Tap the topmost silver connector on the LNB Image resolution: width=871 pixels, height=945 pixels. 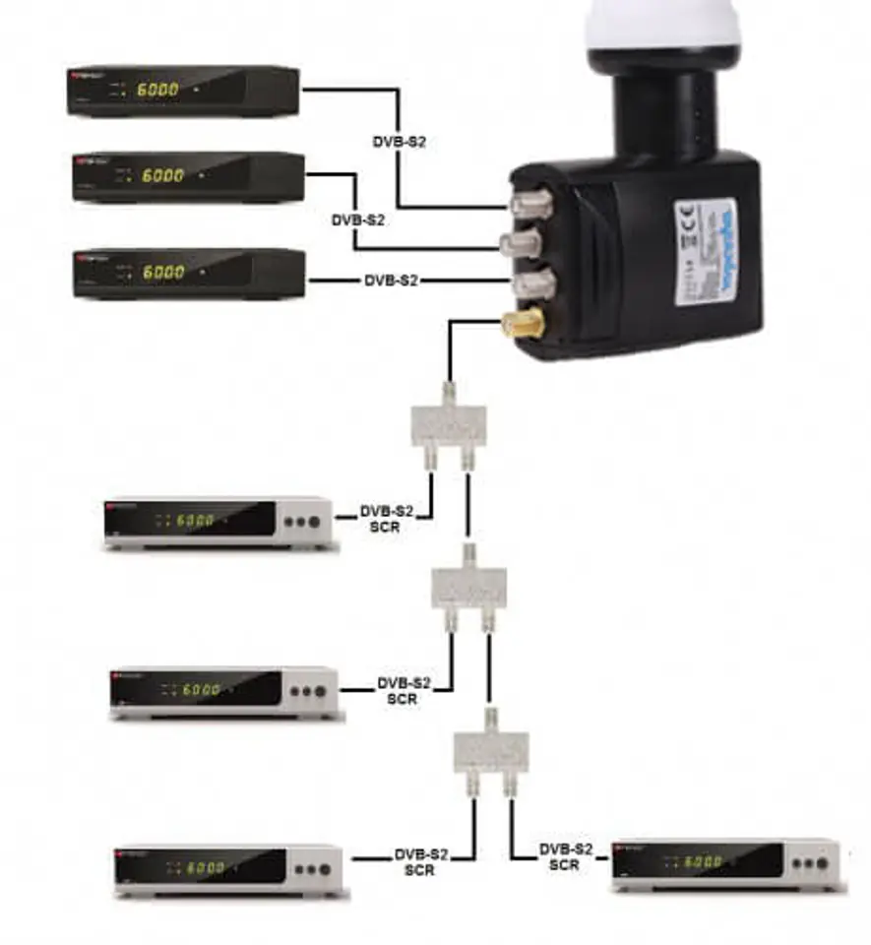pos(523,205)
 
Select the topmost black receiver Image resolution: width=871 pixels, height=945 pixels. pos(183,91)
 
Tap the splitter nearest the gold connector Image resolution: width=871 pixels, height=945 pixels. pos(447,424)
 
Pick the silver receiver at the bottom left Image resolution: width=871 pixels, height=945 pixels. pos(230,869)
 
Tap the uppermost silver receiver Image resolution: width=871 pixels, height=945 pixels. pos(219,522)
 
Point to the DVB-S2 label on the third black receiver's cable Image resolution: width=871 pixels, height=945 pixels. pos(391,281)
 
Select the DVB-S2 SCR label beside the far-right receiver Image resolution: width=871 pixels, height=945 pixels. pos(566,856)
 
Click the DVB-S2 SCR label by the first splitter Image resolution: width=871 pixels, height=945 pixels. pos(387,519)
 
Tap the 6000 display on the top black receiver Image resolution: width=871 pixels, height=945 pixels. pos(158,90)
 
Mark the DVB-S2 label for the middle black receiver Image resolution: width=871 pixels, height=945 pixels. pos(357,220)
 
